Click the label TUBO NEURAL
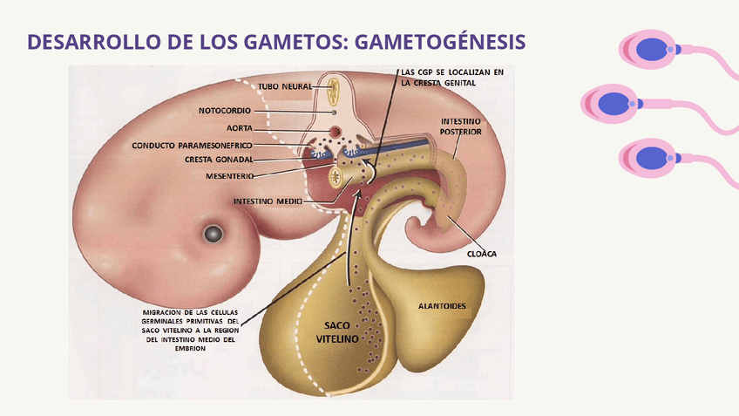click(x=283, y=86)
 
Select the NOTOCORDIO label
click(x=225, y=112)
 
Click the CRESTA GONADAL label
click(x=218, y=160)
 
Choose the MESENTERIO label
click(x=229, y=176)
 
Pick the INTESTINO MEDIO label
click(x=268, y=201)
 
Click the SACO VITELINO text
click(x=336, y=331)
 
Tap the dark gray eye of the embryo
click(x=214, y=233)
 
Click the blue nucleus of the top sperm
click(x=648, y=50)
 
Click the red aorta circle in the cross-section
click(x=335, y=133)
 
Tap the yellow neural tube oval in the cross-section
click(x=334, y=86)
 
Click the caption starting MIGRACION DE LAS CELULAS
click(x=191, y=330)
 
